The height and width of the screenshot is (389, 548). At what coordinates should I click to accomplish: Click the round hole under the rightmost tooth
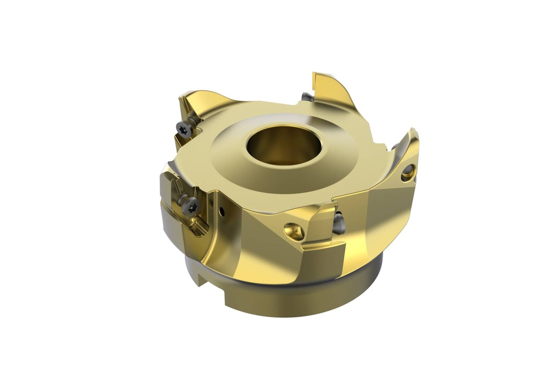pyautogui.click(x=408, y=172)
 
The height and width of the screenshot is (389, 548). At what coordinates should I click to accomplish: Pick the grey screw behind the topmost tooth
pyautogui.click(x=307, y=97)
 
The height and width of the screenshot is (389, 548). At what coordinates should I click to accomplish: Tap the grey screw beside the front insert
pyautogui.click(x=338, y=223)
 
